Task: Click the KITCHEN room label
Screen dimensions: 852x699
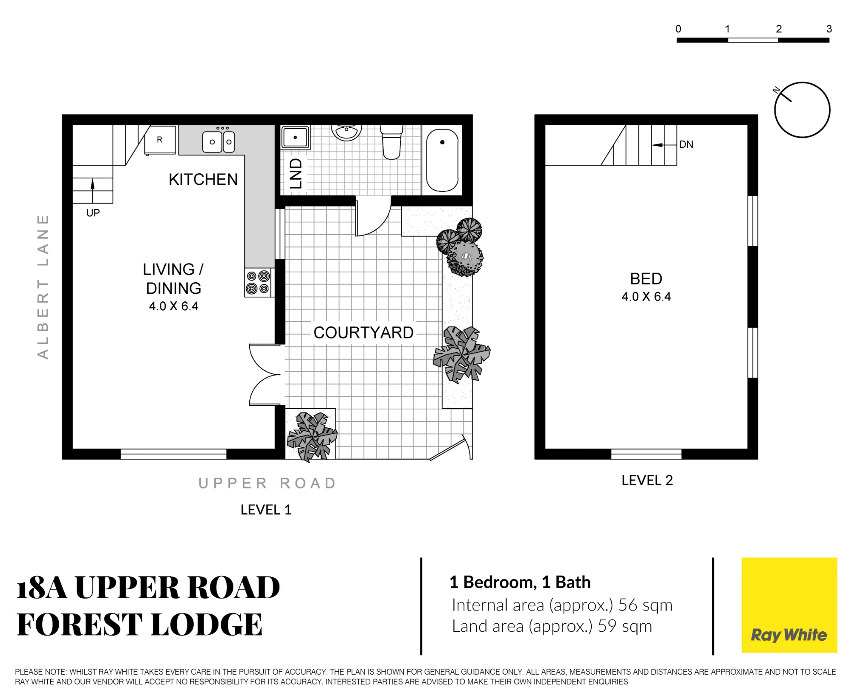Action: (x=203, y=180)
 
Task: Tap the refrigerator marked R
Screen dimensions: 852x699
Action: (x=160, y=140)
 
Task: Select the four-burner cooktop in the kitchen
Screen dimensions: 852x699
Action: (x=258, y=283)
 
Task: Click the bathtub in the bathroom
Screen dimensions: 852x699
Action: (x=442, y=160)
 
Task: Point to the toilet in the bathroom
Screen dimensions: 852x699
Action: (x=391, y=142)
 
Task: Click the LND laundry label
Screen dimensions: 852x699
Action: (x=296, y=174)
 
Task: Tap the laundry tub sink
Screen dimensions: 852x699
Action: (x=295, y=137)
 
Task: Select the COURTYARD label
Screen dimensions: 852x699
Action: (x=363, y=332)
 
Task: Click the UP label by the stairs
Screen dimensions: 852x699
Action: (x=93, y=213)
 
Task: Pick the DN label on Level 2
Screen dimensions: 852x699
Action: (x=686, y=144)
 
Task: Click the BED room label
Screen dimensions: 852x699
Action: (x=646, y=279)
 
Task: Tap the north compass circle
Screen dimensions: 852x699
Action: (x=802, y=110)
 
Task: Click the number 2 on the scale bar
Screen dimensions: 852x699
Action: (x=779, y=29)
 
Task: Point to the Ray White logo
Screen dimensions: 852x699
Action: (x=789, y=605)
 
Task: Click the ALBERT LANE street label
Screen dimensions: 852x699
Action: (x=43, y=286)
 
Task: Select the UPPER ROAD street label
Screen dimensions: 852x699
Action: (x=267, y=483)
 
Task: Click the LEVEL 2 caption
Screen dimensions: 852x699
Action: (x=647, y=480)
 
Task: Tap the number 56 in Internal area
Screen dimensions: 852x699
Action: (x=628, y=605)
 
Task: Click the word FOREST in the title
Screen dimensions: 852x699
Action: (x=79, y=625)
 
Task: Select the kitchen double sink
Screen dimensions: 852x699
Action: (x=219, y=141)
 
